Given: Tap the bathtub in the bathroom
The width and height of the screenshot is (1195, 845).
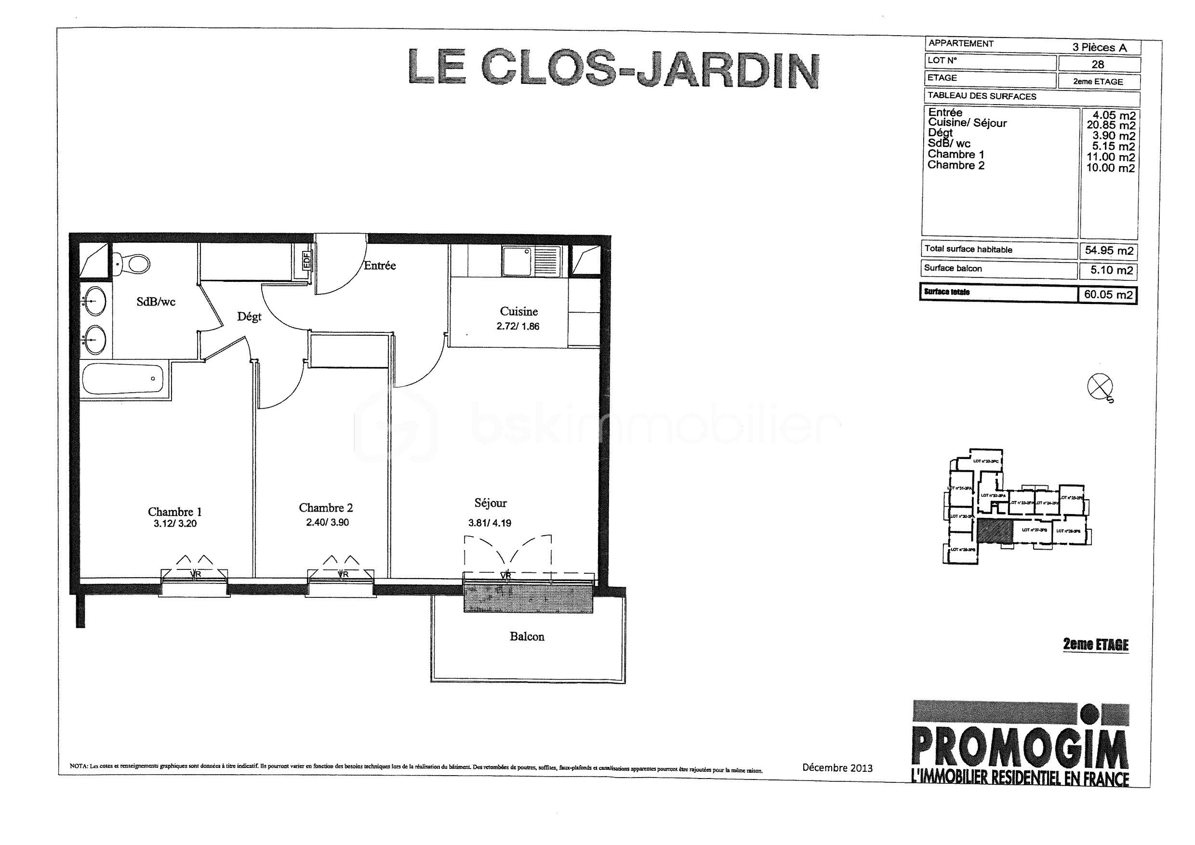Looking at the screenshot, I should tap(123, 379).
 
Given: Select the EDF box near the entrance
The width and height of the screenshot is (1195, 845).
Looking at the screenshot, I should tap(307, 259).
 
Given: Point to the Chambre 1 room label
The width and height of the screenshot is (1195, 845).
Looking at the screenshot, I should tap(174, 512).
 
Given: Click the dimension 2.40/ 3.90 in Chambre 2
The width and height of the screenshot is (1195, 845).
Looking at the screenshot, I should tap(327, 522).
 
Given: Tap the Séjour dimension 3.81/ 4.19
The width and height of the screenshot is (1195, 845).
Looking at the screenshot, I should tap(489, 523).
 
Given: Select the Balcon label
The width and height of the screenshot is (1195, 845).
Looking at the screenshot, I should tap(527, 636).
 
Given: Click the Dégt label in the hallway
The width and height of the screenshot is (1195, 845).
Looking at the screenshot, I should tap(249, 317).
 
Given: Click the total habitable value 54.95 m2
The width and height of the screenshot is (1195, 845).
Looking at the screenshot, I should tap(1109, 251).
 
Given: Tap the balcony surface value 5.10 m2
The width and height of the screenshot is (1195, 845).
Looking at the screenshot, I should tap(1109, 271).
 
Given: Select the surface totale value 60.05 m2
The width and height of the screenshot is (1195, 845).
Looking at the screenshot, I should tap(1108, 294).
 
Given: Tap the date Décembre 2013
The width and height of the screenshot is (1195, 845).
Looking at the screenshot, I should tap(837, 767).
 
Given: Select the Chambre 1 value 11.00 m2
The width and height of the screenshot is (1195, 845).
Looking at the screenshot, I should tap(1110, 157).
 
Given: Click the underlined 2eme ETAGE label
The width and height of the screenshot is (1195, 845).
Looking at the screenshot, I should tap(1096, 645).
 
